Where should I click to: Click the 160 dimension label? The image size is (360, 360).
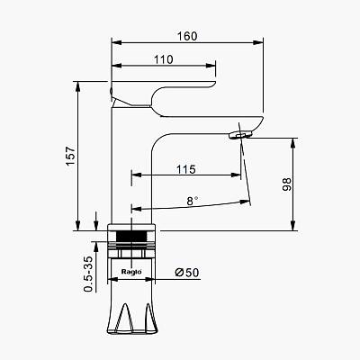(x=187, y=36)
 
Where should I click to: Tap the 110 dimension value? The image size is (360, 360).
(x=164, y=59)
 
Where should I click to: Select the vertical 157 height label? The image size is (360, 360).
(x=70, y=156)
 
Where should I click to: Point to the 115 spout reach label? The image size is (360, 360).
(x=186, y=169)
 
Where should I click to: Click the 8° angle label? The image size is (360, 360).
(x=193, y=201)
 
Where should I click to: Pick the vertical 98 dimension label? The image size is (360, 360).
(x=287, y=184)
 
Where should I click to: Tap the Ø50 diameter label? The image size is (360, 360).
(x=187, y=273)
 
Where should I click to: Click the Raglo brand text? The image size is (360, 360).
(x=131, y=272)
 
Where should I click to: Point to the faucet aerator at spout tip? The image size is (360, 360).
(x=239, y=135)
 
